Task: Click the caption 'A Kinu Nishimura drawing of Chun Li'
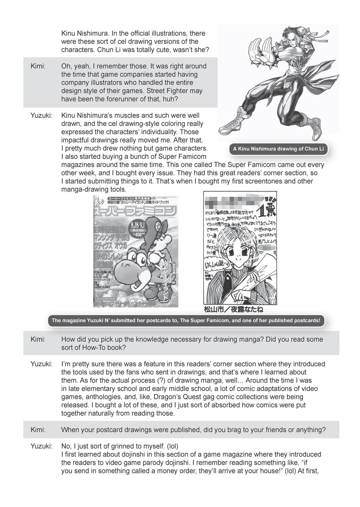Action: (278, 149)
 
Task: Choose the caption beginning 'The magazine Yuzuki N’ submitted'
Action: (186, 320)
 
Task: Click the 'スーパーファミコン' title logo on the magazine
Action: (136, 210)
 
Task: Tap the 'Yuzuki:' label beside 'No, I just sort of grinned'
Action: (41, 446)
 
